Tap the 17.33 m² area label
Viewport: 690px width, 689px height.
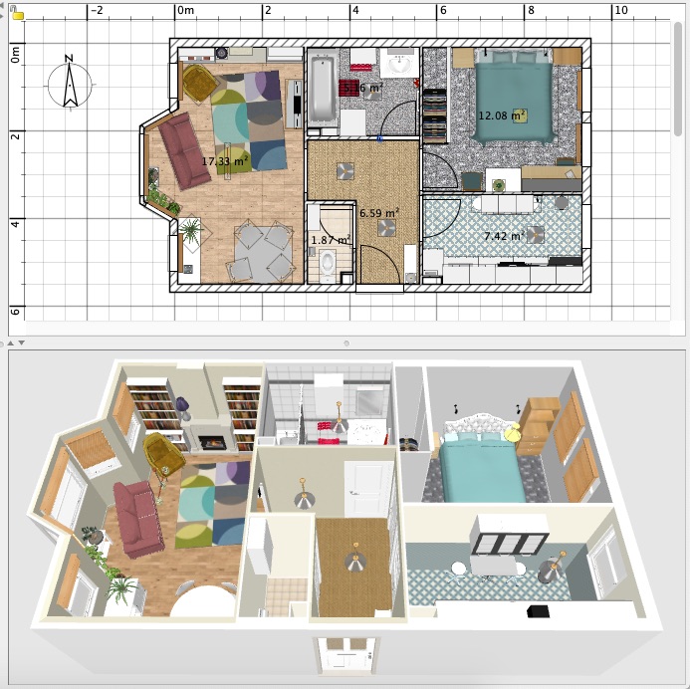[x=225, y=160]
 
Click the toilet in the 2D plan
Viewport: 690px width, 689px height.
[x=326, y=263]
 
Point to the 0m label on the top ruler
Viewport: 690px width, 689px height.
[x=185, y=11]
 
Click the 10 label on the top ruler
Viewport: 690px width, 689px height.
[x=619, y=11]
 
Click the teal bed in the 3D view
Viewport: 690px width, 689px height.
[x=481, y=468]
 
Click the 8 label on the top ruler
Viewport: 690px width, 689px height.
[x=531, y=11]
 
